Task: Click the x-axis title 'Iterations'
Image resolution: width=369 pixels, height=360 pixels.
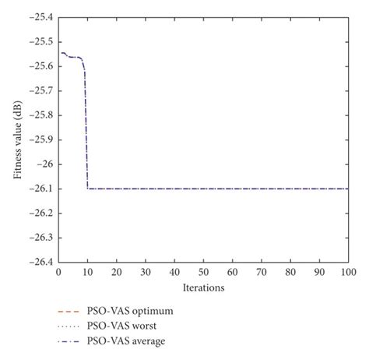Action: (203, 288)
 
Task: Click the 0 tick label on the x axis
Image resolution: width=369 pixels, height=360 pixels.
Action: (58, 272)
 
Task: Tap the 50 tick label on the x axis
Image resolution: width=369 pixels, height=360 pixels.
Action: (203, 272)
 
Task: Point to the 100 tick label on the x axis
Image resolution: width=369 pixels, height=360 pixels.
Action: (348, 272)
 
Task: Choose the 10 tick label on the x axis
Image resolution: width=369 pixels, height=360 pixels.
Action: (87, 272)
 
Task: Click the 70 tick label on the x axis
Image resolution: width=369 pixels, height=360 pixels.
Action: (262, 272)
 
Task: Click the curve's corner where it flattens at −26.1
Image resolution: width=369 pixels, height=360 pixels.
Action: (88, 189)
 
